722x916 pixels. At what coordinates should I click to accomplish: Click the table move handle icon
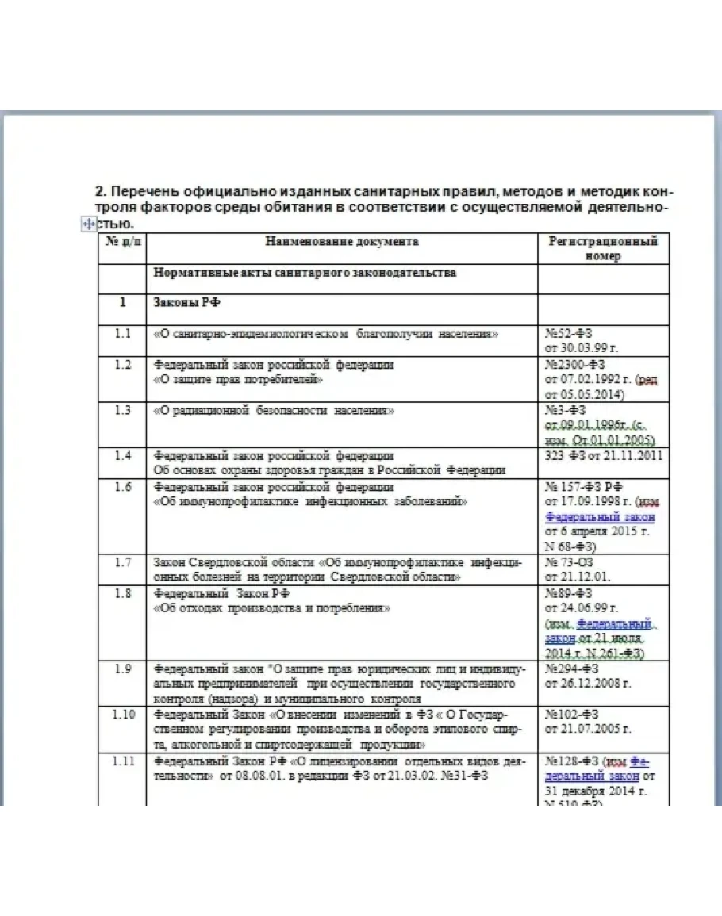tap(89, 225)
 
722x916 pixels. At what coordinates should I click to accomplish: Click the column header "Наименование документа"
tap(342, 242)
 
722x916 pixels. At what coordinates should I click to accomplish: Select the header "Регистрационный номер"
tap(603, 248)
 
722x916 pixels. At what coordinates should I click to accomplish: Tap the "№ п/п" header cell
tap(121, 242)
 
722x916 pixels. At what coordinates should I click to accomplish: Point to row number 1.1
tap(121, 334)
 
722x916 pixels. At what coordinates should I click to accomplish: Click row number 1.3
tap(121, 411)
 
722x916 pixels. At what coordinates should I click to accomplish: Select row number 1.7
tap(121, 562)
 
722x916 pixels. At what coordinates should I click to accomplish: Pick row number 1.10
tap(121, 715)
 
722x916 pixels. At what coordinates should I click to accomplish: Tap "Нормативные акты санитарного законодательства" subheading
tap(305, 273)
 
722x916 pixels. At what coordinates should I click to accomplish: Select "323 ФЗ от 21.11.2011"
tap(604, 455)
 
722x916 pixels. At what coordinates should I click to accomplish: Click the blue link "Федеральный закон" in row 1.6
tap(601, 517)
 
